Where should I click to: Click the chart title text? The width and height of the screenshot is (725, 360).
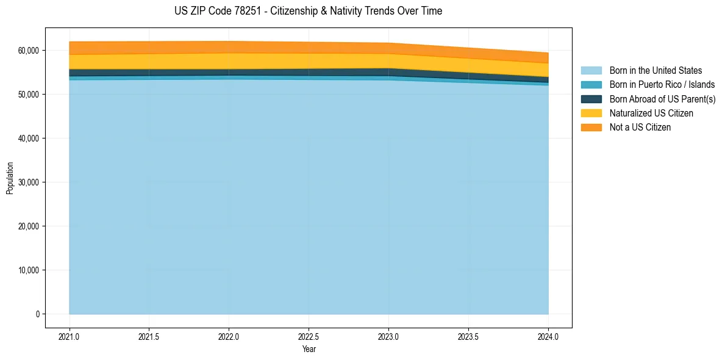[308, 11]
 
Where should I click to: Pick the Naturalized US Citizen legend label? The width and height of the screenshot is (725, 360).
[651, 113]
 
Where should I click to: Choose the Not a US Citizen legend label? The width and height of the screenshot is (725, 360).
[640, 127]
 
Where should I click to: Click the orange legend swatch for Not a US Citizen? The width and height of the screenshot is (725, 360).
[591, 127]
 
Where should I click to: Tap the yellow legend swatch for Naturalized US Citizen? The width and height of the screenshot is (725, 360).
[591, 113]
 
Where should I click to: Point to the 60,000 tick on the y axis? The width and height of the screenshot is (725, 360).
[29, 51]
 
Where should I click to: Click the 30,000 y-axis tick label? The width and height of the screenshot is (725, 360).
[29, 182]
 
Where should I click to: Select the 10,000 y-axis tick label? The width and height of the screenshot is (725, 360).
[29, 270]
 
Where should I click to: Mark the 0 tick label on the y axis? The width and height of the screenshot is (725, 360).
[37, 314]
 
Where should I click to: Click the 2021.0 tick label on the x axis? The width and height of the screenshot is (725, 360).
[70, 336]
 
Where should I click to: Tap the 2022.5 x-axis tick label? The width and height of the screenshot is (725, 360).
[309, 336]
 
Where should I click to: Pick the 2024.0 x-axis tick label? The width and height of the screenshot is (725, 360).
[548, 336]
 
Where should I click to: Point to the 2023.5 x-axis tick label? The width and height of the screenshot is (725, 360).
[468, 336]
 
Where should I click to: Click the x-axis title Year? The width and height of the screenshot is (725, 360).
[309, 349]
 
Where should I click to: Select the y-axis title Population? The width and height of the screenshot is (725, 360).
[10, 178]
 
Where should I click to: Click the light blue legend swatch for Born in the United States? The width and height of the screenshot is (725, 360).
[591, 71]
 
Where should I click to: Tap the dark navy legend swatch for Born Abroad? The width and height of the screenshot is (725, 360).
[591, 99]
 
